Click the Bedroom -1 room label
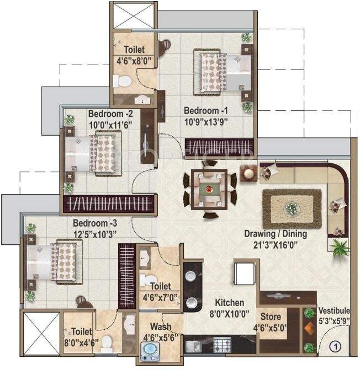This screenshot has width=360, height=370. (x=205, y=109)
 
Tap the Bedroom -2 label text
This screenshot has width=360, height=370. (x=110, y=114)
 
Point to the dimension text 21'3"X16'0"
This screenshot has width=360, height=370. (x=276, y=244)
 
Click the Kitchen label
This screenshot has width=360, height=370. (x=229, y=303)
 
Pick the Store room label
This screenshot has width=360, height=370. (x=271, y=317)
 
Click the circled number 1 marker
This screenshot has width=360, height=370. (x=334, y=347)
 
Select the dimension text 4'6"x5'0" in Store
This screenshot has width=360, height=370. (x=271, y=327)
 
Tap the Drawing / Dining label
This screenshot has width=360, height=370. (x=276, y=234)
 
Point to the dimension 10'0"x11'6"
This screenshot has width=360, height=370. (x=110, y=125)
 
